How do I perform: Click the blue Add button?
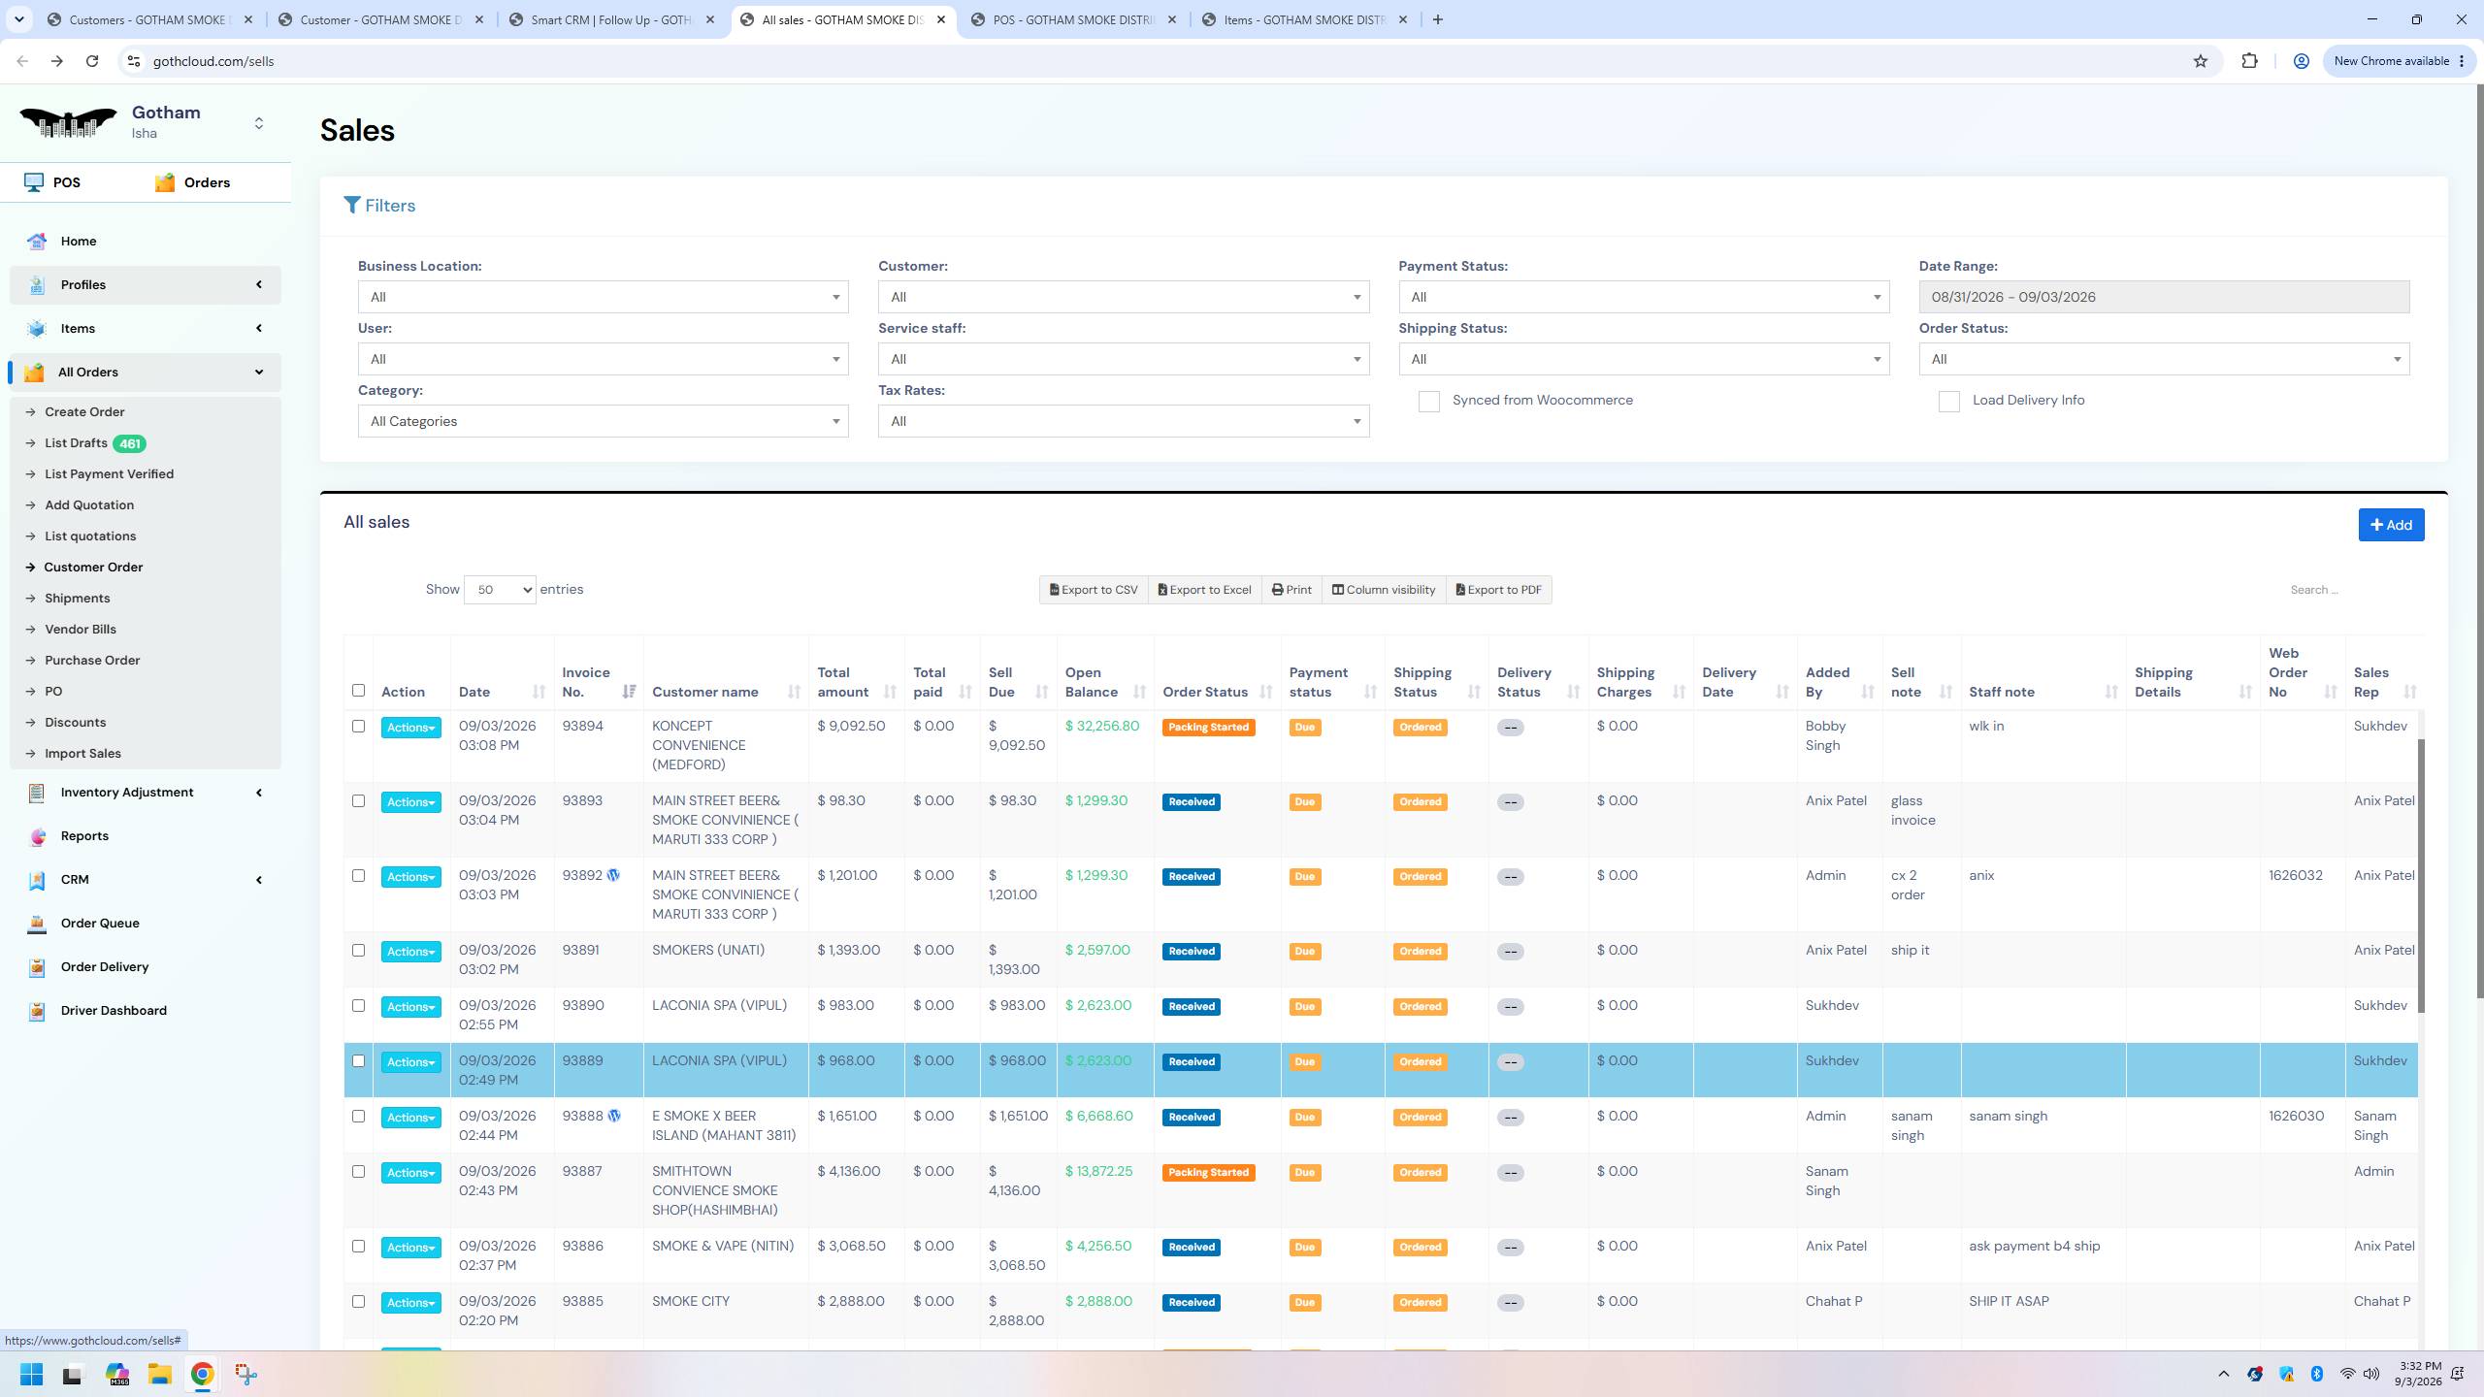2391,525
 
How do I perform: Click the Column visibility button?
1383,590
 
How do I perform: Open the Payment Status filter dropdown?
1644,297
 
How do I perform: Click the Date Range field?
2164,297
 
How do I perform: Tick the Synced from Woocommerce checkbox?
1428,402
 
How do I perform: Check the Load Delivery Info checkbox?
1948,402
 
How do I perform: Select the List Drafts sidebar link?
76,443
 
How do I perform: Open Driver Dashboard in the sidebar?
114,1011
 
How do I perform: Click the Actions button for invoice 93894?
410,728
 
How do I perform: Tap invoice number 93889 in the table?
582,1061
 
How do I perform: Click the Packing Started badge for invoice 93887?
1208,1173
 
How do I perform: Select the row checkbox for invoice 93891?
358,951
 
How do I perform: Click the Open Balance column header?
1092,682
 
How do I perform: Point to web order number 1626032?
2295,876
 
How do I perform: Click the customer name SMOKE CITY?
691,1302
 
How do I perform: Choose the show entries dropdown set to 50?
500,590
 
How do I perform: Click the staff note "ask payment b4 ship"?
2034,1247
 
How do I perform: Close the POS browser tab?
1171,19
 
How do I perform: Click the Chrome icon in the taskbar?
202,1374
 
